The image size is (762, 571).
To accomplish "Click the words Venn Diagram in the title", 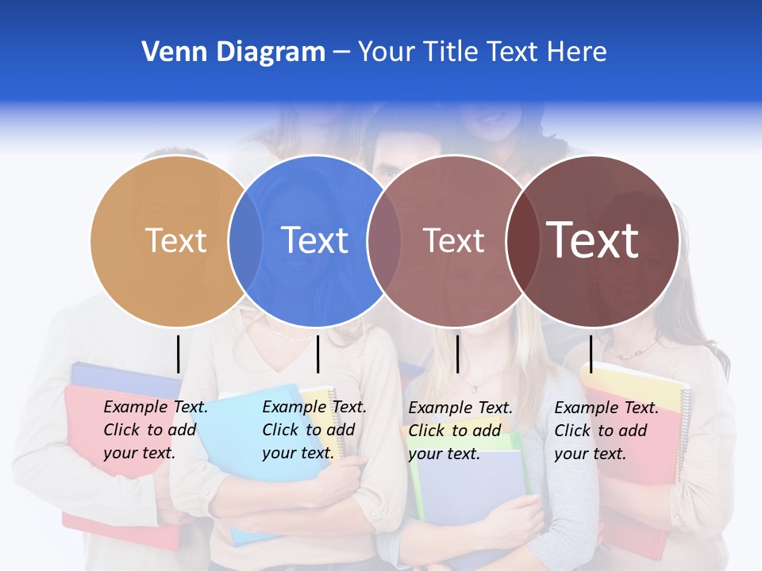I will pyautogui.click(x=233, y=52).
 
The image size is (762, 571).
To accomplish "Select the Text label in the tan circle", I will pyautogui.click(x=176, y=240).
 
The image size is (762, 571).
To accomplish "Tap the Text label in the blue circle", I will pyautogui.click(x=315, y=240).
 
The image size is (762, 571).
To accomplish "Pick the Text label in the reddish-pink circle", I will pyautogui.click(x=453, y=240).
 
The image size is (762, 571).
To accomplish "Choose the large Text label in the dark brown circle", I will pyautogui.click(x=593, y=240).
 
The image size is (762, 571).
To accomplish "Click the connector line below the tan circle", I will pyautogui.click(x=178, y=354).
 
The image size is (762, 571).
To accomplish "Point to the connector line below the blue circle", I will pyautogui.click(x=317, y=354).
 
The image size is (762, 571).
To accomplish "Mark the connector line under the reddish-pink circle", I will pyautogui.click(x=458, y=354).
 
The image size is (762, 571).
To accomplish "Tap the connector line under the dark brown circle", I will pyautogui.click(x=591, y=354).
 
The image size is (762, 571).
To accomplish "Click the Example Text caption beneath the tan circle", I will pyautogui.click(x=156, y=430).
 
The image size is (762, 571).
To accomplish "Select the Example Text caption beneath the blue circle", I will pyautogui.click(x=314, y=430).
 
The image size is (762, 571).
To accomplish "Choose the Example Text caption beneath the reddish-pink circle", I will pyautogui.click(x=460, y=431).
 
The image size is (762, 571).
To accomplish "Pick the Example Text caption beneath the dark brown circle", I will pyautogui.click(x=606, y=431).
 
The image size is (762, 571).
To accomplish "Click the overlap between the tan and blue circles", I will pyautogui.click(x=245, y=241).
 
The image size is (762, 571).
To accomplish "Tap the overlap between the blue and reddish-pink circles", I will pyautogui.click(x=384, y=241).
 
